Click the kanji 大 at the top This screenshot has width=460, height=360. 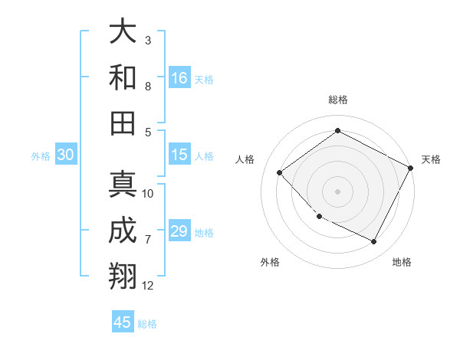123,32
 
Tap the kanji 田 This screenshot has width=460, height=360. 123,123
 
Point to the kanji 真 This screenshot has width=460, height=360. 123,185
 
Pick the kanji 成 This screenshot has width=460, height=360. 123,231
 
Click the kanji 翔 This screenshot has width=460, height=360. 123,277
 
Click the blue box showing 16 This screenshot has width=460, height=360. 179,78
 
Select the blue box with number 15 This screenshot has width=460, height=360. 179,155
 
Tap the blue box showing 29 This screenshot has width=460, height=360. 179,232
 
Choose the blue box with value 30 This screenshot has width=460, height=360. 65,155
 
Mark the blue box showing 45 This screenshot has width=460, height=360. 123,322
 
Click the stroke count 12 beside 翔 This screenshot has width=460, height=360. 148,286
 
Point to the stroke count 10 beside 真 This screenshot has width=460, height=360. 148,194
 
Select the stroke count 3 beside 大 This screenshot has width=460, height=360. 148,40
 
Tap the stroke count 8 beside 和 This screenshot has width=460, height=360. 148,86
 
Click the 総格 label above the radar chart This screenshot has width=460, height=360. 337,100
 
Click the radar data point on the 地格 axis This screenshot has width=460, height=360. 374,242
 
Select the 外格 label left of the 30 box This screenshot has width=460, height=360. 41,156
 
